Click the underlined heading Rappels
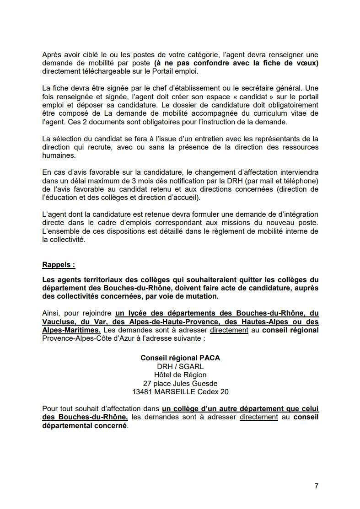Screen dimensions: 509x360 tap(59, 264)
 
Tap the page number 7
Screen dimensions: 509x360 tap(316, 486)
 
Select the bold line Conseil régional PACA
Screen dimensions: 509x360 tap(180, 358)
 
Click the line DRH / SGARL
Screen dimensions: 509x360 tap(180, 366)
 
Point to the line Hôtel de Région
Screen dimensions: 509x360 tap(180, 375)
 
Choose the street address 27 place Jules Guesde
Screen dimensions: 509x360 tap(180, 383)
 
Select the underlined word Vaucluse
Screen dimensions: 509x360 tap(59, 321)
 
